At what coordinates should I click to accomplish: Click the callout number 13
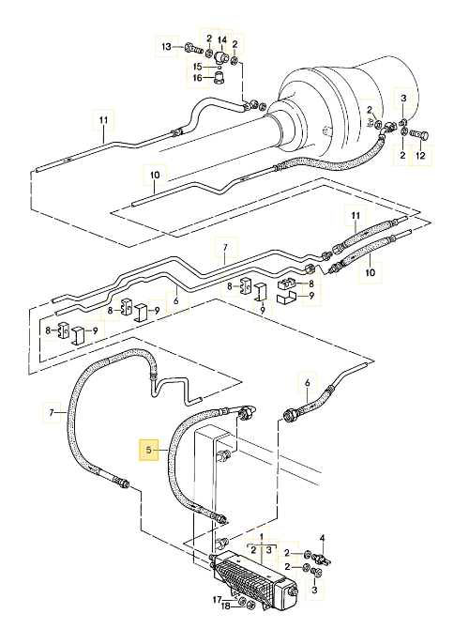click(166, 47)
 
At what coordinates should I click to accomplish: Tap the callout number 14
click(222, 40)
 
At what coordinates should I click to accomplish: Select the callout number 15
click(198, 67)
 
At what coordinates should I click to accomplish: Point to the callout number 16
click(198, 77)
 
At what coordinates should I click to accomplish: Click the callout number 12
click(420, 155)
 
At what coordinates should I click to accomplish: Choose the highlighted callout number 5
click(149, 450)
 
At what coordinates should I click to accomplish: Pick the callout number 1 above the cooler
click(262, 537)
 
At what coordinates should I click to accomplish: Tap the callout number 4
click(322, 538)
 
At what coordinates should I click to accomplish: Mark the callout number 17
click(217, 599)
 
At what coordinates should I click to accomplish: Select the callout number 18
click(226, 606)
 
